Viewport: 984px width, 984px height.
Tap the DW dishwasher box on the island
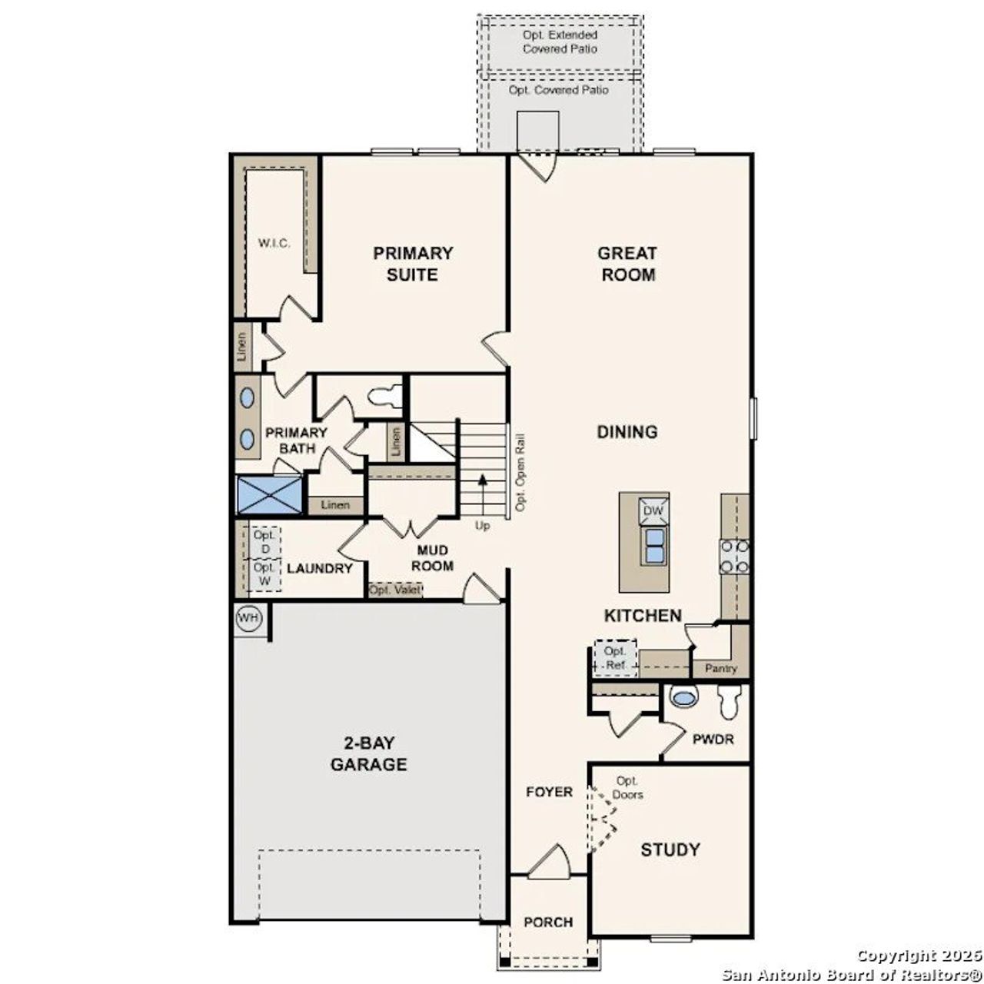point(653,510)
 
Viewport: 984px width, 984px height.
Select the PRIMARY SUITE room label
point(413,264)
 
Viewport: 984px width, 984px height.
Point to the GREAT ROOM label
point(628,264)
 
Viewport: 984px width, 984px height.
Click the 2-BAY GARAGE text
point(368,754)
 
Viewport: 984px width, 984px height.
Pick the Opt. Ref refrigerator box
point(615,658)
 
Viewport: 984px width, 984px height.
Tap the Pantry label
point(721,669)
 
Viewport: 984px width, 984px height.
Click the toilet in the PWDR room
point(729,700)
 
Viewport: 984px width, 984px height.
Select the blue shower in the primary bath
point(268,495)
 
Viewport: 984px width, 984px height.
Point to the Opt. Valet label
point(395,590)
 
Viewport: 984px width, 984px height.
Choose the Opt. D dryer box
point(265,541)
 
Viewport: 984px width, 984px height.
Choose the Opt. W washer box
point(265,574)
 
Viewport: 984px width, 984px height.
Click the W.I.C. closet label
point(274,244)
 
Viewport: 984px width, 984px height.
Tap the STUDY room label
point(670,849)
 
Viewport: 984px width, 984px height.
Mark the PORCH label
point(548,922)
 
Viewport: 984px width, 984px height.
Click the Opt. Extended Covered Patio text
point(560,42)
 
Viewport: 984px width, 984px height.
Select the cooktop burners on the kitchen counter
point(734,557)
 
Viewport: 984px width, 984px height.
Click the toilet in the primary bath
point(385,396)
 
